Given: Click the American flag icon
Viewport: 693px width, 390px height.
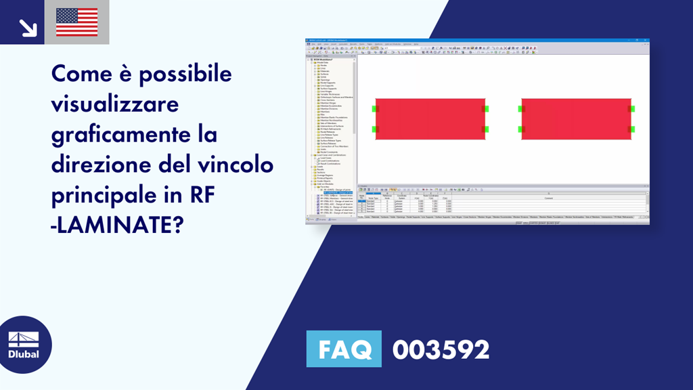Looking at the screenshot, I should click(x=76, y=22).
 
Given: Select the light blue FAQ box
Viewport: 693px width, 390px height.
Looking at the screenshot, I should click(x=344, y=349).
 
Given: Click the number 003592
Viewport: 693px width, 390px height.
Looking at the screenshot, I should click(x=441, y=349).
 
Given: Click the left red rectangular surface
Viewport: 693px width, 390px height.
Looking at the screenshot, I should click(x=430, y=118).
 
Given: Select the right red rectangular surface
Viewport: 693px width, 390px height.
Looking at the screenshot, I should click(x=576, y=118).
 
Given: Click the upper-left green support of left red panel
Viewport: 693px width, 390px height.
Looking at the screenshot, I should click(x=374, y=108).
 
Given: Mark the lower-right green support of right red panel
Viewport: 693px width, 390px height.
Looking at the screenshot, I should click(x=631, y=129).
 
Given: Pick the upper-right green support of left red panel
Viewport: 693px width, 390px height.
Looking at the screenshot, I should click(x=485, y=108).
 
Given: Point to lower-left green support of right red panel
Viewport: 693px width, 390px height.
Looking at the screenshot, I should click(x=520, y=129).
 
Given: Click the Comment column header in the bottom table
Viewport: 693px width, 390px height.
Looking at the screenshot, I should click(x=548, y=197).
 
